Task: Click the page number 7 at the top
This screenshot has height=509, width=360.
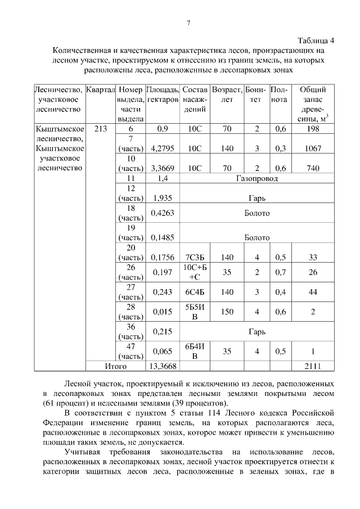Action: tap(189, 23)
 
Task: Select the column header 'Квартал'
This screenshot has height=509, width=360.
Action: tap(101, 90)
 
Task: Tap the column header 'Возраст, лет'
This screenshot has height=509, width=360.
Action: tap(227, 94)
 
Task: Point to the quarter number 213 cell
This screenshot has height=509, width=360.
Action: tap(101, 129)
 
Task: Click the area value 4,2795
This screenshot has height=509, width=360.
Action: tap(163, 149)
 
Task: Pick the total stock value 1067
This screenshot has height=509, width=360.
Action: tap(310, 149)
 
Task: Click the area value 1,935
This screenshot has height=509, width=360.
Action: tap(162, 198)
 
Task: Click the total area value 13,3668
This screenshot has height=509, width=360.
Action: tap(163, 366)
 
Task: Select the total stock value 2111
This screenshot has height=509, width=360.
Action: tap(311, 366)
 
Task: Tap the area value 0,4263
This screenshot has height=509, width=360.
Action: tap(163, 213)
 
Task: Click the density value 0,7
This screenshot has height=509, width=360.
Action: tap(280, 273)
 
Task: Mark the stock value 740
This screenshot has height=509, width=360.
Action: tap(310, 168)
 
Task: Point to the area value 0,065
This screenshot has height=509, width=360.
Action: tap(163, 352)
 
